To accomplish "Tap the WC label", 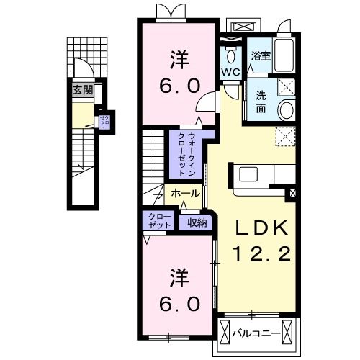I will pyautogui.click(x=230, y=72).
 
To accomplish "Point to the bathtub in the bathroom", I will pyautogui.click(x=284, y=55).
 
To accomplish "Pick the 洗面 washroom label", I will pyautogui.click(x=260, y=103).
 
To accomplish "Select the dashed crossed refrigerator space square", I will pyautogui.click(x=285, y=135).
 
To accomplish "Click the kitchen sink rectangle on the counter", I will pyautogui.click(x=251, y=174).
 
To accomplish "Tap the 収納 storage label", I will pyautogui.click(x=197, y=223).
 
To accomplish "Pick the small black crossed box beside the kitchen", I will pyautogui.click(x=293, y=192).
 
